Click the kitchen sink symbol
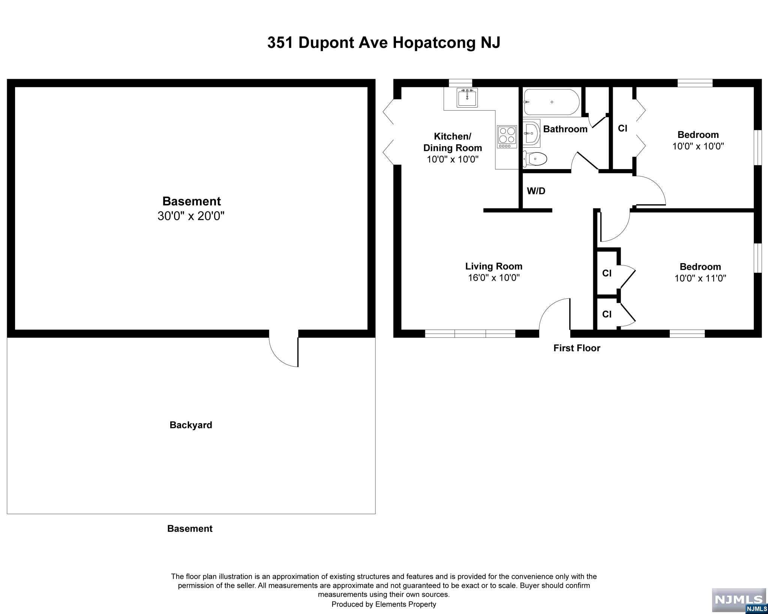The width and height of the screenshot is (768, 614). point(467,98)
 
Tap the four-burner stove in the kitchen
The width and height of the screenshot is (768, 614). point(507,137)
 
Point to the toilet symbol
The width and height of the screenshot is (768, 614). point(535,159)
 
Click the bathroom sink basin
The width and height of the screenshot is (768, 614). point(531,133)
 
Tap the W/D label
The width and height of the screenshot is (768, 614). point(536,191)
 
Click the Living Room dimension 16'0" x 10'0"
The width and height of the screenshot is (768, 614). point(494,278)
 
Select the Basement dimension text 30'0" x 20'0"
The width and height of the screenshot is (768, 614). point(191,216)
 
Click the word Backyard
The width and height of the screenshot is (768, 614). point(191,425)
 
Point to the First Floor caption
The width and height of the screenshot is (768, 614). point(577,348)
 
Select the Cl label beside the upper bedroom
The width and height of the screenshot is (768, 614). point(622,129)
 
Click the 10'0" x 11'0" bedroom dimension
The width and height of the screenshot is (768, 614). point(700,279)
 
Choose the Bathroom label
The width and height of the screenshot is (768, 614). point(565,129)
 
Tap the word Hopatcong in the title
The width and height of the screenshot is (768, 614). point(435,43)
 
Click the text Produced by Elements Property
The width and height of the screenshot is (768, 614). point(384,604)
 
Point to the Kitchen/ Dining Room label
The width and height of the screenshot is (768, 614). point(453,142)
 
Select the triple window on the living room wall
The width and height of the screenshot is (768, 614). point(470,334)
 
